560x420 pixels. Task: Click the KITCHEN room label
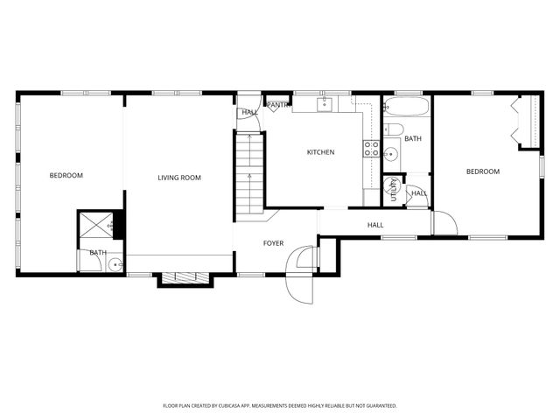[320, 152]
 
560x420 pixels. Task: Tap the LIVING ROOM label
[179, 178]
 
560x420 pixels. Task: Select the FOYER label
[274, 242]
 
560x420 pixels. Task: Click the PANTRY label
[278, 105]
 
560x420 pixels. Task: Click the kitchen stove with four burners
[371, 148]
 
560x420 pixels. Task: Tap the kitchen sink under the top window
[323, 106]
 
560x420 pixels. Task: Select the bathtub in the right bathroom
[407, 109]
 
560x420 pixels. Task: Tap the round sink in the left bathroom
[115, 262]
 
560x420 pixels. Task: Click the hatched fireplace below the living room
[184, 278]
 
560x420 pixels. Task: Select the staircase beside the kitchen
[248, 171]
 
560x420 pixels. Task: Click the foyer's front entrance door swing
[301, 273]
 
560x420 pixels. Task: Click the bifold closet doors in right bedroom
[517, 122]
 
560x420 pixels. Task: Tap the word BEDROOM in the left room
[66, 176]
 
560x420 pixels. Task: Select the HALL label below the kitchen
[375, 226]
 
